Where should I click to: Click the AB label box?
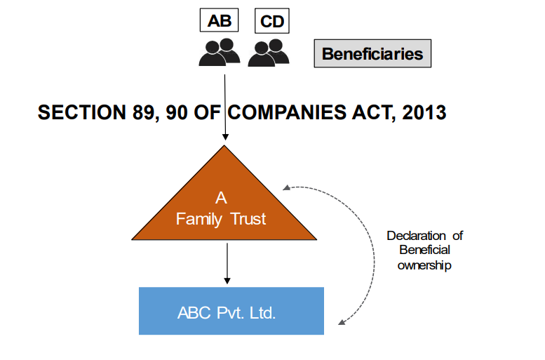pos(219,20)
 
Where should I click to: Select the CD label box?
pos(271,21)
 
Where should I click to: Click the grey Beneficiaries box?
pos(372,53)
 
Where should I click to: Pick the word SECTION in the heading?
pos(79,112)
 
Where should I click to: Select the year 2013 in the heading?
pos(423,112)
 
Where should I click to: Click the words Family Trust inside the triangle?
pos(221,219)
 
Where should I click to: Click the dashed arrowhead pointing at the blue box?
pos(342,322)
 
